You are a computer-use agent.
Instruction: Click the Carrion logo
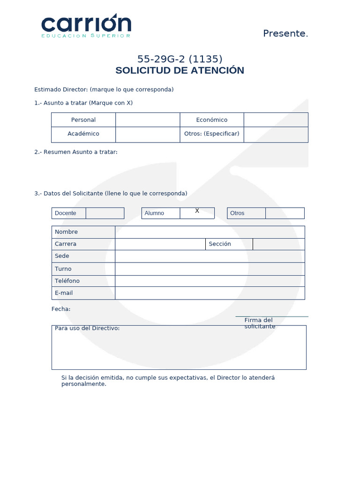[86, 26]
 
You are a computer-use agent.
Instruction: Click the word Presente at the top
[285, 33]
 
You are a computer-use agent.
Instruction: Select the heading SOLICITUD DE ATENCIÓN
[180, 70]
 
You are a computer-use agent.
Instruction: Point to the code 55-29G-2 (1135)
[180, 59]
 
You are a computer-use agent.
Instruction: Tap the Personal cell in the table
[83, 120]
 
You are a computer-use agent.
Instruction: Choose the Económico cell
[212, 120]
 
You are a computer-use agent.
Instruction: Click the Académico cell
[83, 134]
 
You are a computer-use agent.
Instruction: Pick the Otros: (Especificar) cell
[212, 134]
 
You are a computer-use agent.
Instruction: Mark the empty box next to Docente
[105, 213]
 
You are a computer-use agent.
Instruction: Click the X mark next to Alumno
[197, 211]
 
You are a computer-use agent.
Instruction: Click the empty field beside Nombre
[210, 232]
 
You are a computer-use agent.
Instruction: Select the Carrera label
[66, 244]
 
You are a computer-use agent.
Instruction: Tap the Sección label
[220, 244]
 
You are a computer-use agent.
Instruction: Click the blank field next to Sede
[210, 256]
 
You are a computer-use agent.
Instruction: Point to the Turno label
[63, 269]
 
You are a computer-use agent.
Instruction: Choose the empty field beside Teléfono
[210, 281]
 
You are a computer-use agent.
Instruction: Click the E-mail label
[64, 293]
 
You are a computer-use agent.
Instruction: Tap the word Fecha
[61, 309]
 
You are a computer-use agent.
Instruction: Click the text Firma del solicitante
[259, 323]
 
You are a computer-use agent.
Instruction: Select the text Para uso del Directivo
[87, 328]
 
